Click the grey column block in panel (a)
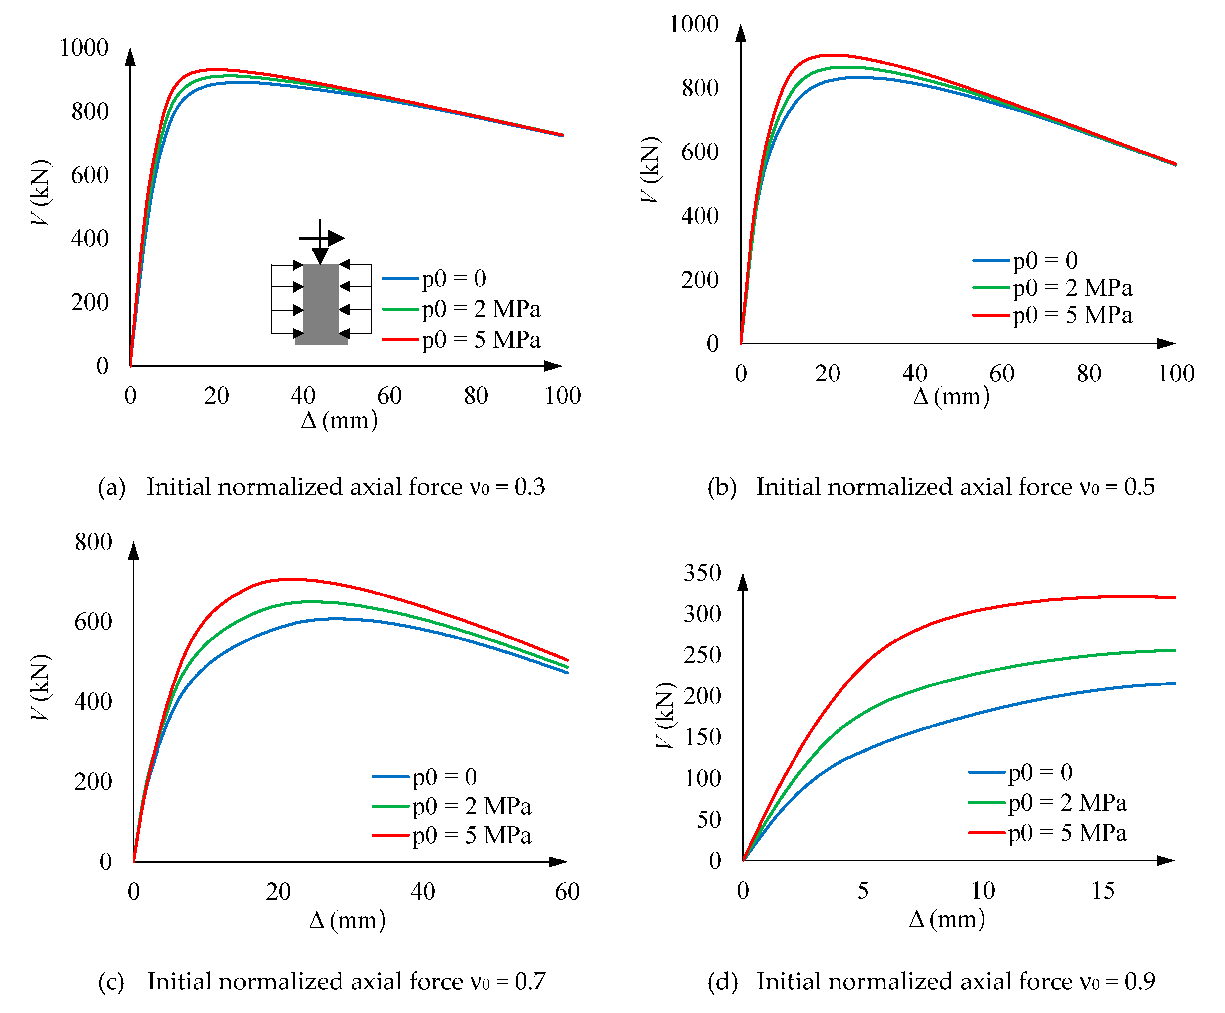click(321, 303)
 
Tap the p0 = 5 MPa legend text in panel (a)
click(481, 340)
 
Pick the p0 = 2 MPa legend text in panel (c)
click(471, 807)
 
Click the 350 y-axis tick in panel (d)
click(702, 573)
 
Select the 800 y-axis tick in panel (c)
click(93, 542)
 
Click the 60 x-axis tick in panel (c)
click(567, 892)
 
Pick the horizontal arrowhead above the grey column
click(337, 238)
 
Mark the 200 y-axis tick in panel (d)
click(702, 696)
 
